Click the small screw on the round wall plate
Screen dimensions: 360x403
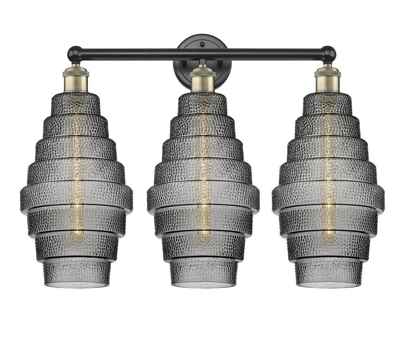click(203, 42)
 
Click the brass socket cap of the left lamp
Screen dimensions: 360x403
click(76, 81)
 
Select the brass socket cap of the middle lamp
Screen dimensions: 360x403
click(203, 81)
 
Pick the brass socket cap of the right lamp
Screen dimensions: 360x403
click(328, 81)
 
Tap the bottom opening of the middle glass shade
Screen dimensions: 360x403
click(203, 285)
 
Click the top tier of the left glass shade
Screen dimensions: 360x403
click(76, 103)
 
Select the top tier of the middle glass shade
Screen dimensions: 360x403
click(203, 103)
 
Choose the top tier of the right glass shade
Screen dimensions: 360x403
click(328, 103)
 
